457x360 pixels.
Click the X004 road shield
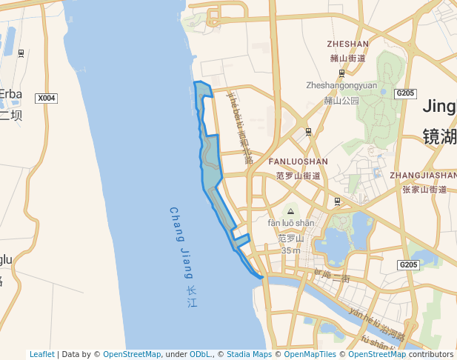(47, 98)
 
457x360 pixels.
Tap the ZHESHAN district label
(348, 44)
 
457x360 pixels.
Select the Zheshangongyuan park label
(341, 85)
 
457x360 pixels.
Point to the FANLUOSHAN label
(298, 161)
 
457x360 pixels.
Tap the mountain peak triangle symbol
(290, 212)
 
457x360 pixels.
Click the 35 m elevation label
(291, 250)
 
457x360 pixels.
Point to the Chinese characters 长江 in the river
(192, 296)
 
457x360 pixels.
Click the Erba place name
(11, 94)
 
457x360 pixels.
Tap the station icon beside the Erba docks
(21, 53)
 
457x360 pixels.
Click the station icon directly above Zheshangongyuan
(341, 73)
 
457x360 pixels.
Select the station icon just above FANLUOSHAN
(308, 132)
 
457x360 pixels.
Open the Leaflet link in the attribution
(41, 354)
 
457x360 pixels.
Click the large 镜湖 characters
(439, 136)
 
